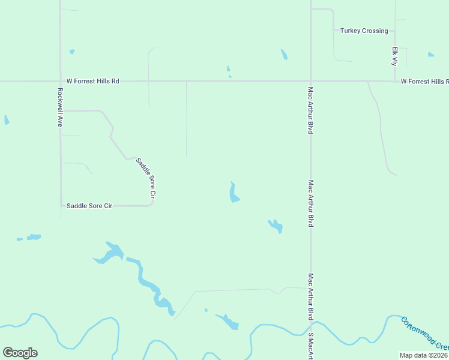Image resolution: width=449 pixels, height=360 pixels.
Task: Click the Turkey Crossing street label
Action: coord(364,31)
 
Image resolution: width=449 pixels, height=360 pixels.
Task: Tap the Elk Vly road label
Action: coord(395,56)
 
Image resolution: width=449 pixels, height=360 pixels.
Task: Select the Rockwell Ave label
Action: coord(60,107)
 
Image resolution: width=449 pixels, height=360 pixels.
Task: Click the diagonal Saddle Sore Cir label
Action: coord(146,178)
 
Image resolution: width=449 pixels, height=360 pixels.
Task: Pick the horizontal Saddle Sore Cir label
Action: coord(89,206)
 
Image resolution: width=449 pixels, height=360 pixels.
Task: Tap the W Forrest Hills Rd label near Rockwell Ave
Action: coord(92,80)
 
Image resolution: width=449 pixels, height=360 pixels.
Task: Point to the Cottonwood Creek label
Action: coord(424,334)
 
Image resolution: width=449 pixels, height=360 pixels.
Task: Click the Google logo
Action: coord(20,353)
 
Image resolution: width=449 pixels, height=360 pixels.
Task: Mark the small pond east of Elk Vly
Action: coord(431,55)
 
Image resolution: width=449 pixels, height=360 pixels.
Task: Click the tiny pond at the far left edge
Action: coord(7,120)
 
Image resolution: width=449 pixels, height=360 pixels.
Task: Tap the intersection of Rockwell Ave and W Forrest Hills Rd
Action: coord(60,80)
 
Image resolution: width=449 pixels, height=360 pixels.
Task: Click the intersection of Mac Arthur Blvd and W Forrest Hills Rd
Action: coord(310,80)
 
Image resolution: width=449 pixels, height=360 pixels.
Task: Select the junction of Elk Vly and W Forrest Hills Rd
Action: coord(394,80)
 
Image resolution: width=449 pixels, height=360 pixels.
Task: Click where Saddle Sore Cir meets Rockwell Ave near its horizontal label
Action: coord(61,206)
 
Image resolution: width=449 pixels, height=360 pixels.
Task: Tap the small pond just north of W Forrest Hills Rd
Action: coord(229,71)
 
